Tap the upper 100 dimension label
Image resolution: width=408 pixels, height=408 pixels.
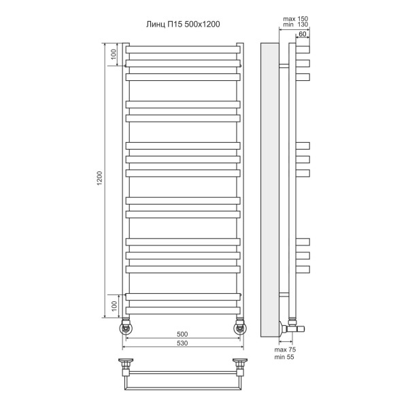[114, 53]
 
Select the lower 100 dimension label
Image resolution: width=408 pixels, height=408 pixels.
[114, 305]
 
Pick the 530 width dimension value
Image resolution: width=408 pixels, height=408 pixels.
[182, 343]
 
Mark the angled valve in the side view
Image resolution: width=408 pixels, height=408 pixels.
[292, 327]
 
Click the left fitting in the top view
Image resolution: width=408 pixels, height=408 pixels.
[126, 365]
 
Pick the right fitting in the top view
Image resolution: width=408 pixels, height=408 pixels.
[239, 365]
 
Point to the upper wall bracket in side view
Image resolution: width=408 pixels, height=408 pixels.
[284, 66]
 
